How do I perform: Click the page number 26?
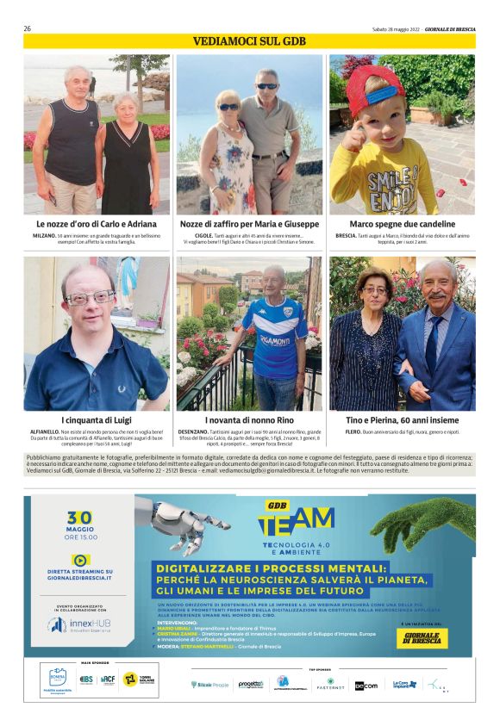coord(28,28)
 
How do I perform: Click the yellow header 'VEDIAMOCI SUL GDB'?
coord(249,41)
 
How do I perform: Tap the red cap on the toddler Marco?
coord(372,82)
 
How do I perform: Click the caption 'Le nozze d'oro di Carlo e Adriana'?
coord(97,224)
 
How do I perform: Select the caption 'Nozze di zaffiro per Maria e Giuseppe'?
coord(249,224)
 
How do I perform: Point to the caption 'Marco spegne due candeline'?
coord(402,224)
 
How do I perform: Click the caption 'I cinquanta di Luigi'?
coord(97,419)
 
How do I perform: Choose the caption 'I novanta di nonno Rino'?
coord(249,419)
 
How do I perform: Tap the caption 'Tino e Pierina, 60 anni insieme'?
coord(402,419)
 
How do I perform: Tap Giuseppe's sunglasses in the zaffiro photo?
coord(267,86)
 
